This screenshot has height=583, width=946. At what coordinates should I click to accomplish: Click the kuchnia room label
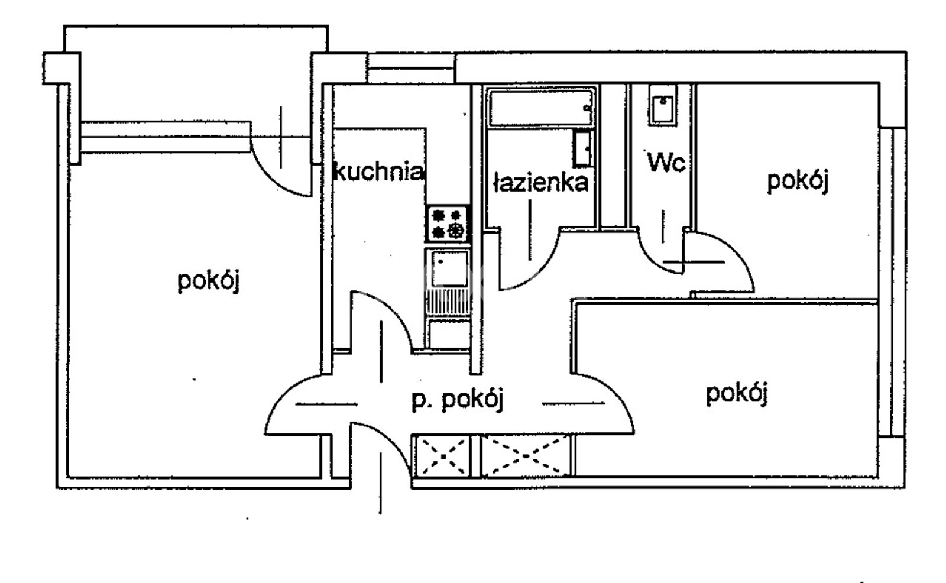[379, 171]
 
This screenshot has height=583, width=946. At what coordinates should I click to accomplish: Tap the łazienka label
[541, 183]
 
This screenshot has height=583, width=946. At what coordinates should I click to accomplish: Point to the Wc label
[666, 162]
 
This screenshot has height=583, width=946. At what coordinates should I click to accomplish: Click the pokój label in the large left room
[209, 280]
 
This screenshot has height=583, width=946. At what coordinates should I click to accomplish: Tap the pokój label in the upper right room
[798, 182]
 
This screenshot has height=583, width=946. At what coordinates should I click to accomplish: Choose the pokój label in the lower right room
[737, 394]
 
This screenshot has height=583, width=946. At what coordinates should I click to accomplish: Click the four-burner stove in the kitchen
[447, 224]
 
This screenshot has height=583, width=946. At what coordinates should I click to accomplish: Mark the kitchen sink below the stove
[449, 268]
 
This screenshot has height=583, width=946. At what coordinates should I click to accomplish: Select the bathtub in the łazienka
[541, 107]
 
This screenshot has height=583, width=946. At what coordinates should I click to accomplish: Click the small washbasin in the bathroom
[582, 149]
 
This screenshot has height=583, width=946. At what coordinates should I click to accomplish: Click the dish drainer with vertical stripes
[448, 302]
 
